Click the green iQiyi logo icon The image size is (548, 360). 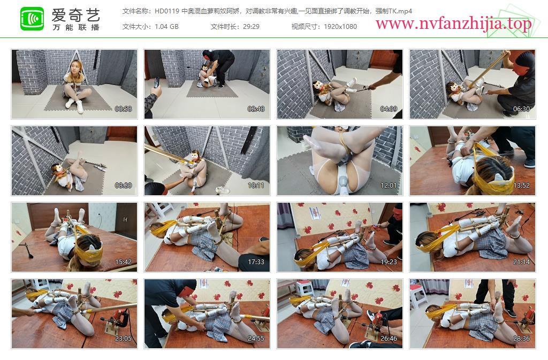click(32, 19)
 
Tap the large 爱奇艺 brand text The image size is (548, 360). click(76, 15)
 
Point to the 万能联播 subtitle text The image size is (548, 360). click(76, 27)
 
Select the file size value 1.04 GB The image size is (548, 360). click(166, 27)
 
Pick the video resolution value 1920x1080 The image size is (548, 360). click(340, 27)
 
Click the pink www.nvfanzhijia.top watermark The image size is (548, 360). click(454, 24)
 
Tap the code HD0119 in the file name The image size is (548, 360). click(167, 11)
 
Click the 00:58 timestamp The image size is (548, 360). click(124, 109)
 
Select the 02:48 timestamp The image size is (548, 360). click(256, 109)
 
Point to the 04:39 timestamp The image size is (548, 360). click(389, 109)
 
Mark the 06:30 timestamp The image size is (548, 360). click(521, 109)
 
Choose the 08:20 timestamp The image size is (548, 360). click(124, 186)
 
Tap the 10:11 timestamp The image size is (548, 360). click(256, 186)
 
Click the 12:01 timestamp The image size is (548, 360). click(389, 186)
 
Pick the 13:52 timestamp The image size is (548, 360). click(521, 186)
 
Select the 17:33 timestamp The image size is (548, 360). click(256, 262)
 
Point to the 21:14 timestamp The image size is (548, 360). click(521, 262)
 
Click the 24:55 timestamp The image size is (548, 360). click(256, 339)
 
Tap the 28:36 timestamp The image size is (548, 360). click(521, 339)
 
